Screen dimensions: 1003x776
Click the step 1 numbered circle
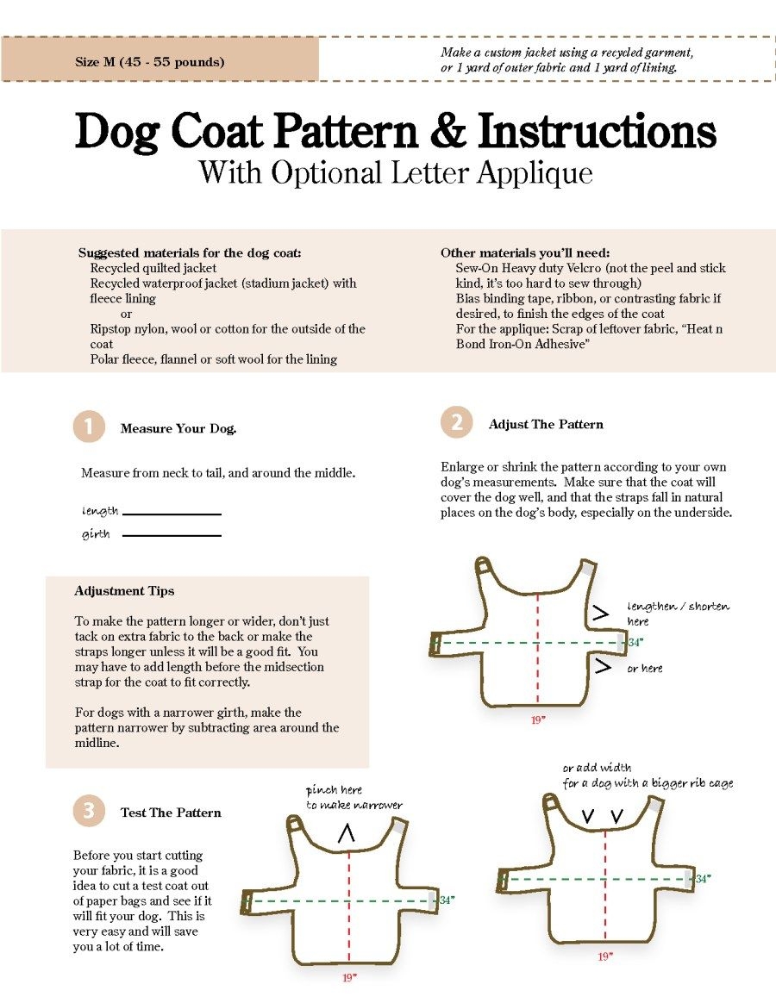tap(89, 427)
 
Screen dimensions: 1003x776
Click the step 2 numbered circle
tap(457, 423)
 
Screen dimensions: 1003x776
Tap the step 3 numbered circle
tap(89, 811)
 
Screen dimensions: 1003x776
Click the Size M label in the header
tap(150, 62)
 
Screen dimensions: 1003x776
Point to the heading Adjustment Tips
tap(124, 591)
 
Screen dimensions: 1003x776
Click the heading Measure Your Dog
tap(178, 428)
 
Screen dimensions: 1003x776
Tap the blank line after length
tap(172, 514)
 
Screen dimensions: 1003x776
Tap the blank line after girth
tap(172, 536)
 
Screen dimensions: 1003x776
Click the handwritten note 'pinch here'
tap(334, 790)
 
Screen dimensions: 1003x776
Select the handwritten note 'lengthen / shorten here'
tap(678, 613)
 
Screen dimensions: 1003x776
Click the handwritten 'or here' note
tap(645, 669)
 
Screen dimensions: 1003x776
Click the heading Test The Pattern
tap(171, 813)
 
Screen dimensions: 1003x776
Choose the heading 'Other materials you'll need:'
tap(525, 252)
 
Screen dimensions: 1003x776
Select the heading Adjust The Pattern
tap(546, 424)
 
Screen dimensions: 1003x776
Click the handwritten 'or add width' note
tap(597, 767)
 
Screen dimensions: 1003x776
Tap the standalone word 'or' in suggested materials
tap(127, 314)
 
